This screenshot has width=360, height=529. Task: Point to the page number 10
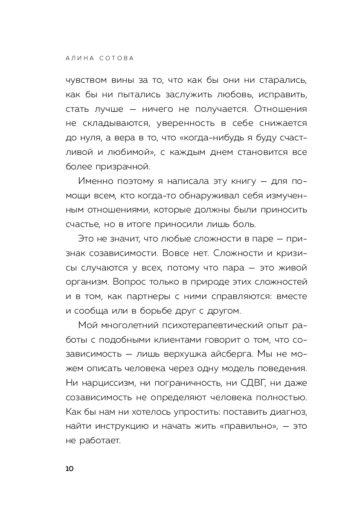(x=70, y=469)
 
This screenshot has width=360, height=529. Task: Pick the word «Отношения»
(x=280, y=108)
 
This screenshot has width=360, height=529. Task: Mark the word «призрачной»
(x=131, y=166)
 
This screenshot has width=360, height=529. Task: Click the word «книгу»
(x=242, y=181)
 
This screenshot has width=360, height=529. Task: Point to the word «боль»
(x=245, y=224)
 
